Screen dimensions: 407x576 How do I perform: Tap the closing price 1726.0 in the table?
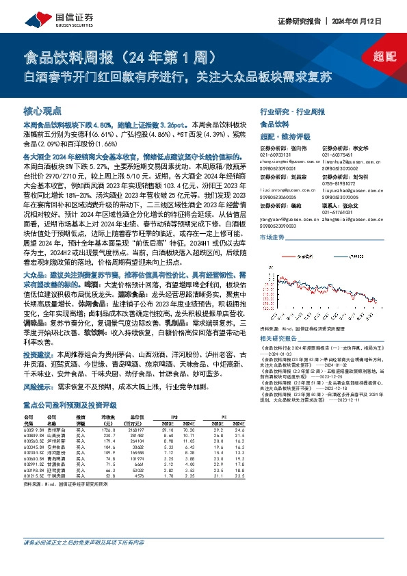point(109,428)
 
